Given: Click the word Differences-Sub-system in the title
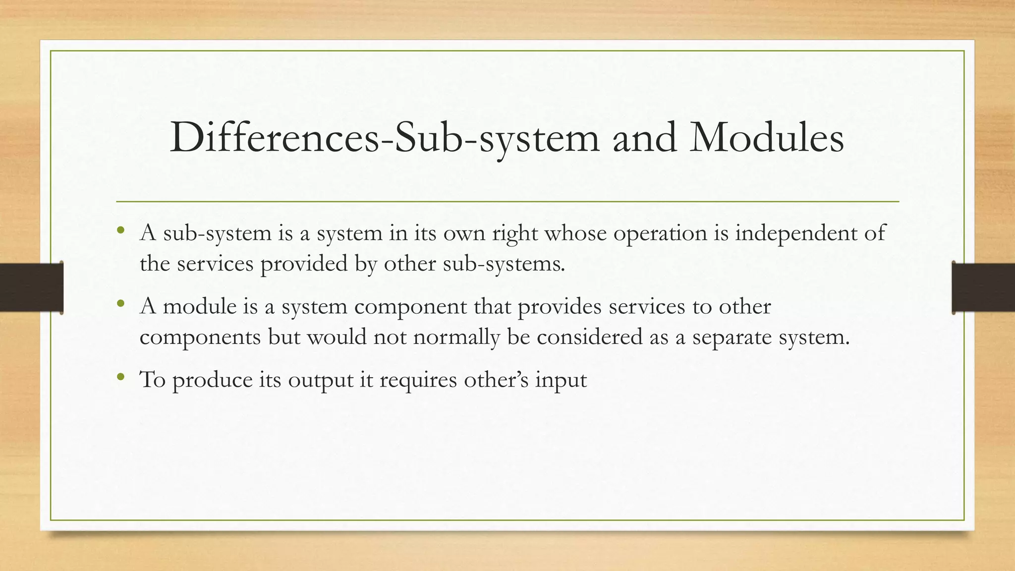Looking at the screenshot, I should pos(385,138).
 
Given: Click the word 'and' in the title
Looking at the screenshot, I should pos(644,138).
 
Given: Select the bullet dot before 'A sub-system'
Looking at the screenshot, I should pos(120,231).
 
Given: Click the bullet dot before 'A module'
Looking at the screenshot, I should pos(120,304).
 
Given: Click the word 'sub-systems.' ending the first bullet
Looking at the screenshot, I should pos(504,264).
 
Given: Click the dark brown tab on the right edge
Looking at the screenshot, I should pos(983,287).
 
